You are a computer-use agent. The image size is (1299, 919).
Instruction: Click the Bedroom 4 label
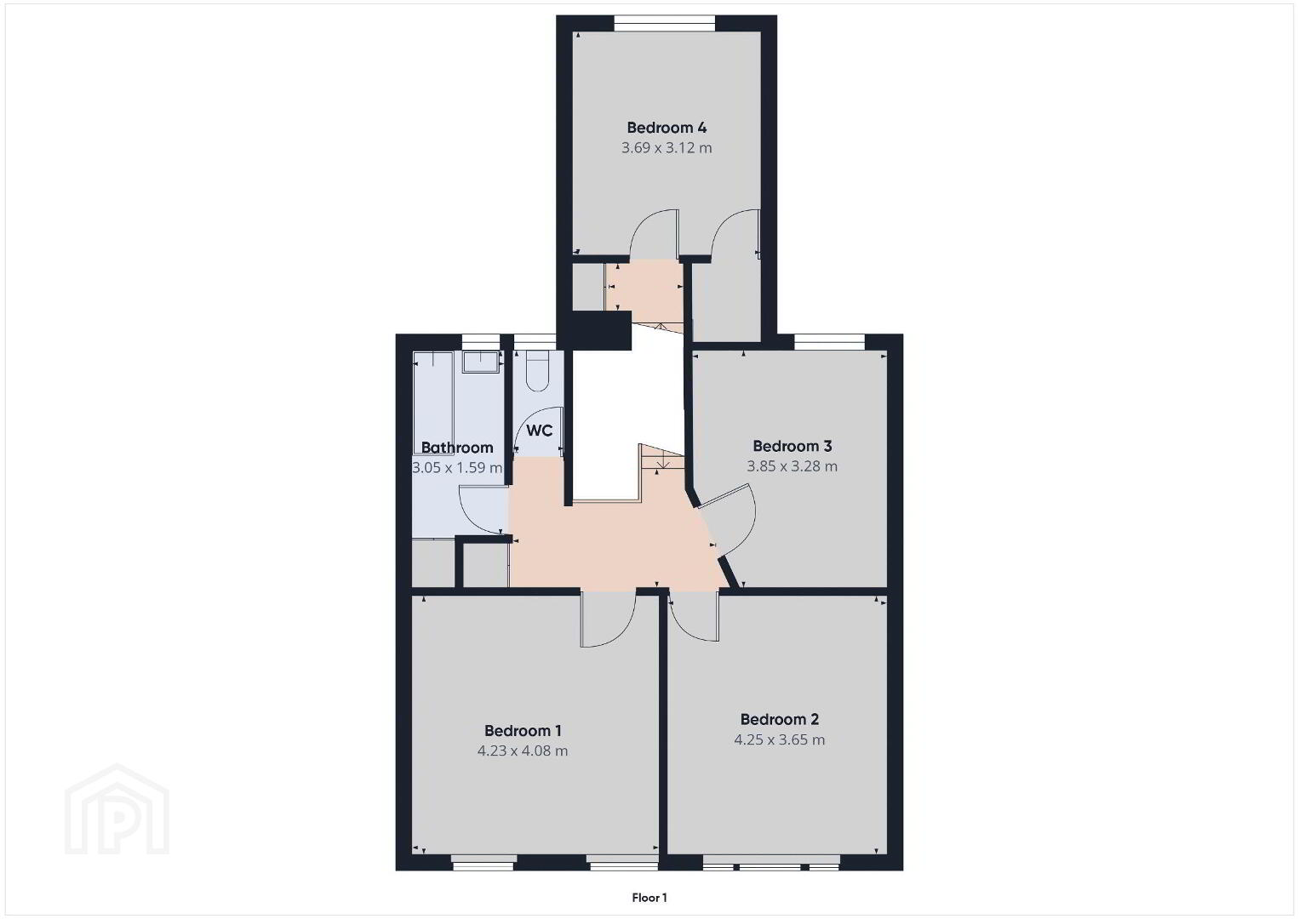[x=667, y=128]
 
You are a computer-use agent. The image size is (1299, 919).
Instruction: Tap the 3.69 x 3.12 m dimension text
[x=667, y=148]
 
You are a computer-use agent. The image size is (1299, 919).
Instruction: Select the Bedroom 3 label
[x=793, y=446]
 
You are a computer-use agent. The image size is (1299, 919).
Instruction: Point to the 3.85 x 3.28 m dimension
[x=793, y=466]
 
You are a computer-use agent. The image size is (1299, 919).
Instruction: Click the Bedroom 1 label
[x=523, y=731]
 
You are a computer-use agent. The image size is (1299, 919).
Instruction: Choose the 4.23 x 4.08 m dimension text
[x=523, y=751]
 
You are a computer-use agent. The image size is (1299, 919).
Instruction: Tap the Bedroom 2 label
[x=780, y=720]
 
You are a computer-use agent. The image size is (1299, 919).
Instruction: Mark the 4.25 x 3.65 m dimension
[x=780, y=739]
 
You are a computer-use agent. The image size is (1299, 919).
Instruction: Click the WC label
[x=540, y=431]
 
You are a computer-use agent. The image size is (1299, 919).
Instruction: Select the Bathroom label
[x=457, y=448]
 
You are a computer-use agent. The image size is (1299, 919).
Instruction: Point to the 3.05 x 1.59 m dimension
[x=457, y=467]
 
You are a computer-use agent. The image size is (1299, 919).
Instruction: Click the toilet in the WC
[x=538, y=371]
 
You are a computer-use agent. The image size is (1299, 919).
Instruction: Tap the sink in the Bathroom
[x=481, y=362]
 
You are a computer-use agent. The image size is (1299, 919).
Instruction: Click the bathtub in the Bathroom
[x=432, y=403]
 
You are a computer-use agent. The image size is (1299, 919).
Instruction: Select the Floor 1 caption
[x=649, y=898]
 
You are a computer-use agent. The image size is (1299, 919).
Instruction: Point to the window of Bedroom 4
[x=665, y=23]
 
